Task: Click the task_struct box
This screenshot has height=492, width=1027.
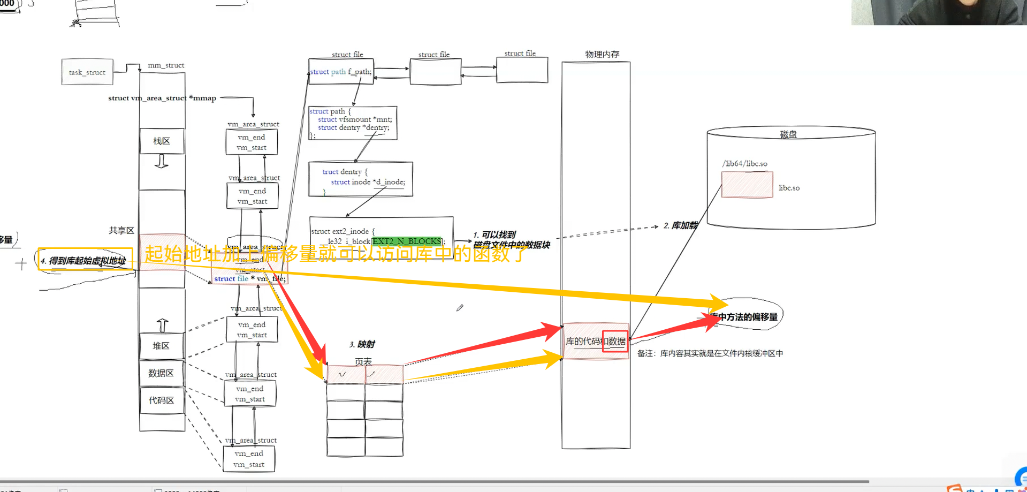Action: point(87,72)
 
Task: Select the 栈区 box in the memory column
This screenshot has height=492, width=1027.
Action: point(162,141)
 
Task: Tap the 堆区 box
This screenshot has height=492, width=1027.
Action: point(161,346)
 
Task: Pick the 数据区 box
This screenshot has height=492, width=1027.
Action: point(161,373)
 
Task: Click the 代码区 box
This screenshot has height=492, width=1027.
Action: point(162,400)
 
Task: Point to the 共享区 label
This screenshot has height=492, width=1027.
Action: point(121,230)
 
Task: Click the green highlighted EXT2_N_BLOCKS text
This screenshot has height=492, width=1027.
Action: point(407,241)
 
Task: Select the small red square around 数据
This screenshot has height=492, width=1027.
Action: point(615,341)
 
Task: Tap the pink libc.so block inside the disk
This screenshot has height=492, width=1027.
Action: point(747,185)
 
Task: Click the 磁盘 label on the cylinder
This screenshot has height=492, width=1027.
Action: point(788,134)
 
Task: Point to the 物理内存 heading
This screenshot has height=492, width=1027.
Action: point(602,54)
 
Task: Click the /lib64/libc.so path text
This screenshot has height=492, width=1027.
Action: point(745,163)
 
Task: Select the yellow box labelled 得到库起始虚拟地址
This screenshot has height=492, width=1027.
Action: point(86,260)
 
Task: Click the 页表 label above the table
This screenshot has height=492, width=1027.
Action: point(363,361)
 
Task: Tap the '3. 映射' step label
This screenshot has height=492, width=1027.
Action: point(362,344)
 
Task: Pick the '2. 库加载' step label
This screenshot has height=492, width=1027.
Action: point(680,225)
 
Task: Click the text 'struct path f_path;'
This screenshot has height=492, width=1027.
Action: point(341,72)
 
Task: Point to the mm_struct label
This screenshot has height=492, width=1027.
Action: point(166,65)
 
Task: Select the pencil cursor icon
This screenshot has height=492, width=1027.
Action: point(460,308)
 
